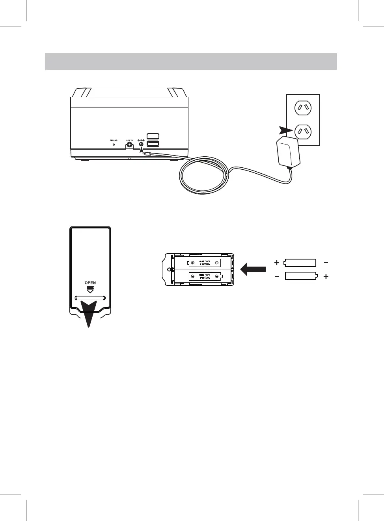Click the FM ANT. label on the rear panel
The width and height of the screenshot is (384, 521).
pyautogui.click(x=114, y=140)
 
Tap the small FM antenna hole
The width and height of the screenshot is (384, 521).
pyautogui.click(x=114, y=145)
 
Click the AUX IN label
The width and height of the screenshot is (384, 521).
pyautogui.click(x=129, y=140)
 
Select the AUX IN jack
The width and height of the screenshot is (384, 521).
pyautogui.click(x=129, y=145)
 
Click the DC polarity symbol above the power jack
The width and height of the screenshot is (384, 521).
pyautogui.click(x=142, y=140)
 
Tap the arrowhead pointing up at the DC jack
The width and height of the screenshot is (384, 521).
pyautogui.click(x=142, y=150)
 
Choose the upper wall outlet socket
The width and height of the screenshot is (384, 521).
pyautogui.click(x=303, y=108)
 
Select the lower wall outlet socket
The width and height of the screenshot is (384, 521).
pyautogui.click(x=303, y=131)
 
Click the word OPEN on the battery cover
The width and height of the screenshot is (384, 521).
pyautogui.click(x=90, y=283)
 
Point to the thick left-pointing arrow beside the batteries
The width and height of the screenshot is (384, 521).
pyautogui.click(x=253, y=269)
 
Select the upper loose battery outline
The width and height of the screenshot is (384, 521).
pyautogui.click(x=300, y=263)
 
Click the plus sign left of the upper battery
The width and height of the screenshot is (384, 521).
pyautogui.click(x=277, y=263)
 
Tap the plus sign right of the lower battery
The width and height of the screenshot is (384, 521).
pyautogui.click(x=326, y=277)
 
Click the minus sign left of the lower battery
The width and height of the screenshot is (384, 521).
pyautogui.click(x=277, y=277)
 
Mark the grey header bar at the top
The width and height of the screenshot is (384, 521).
pyautogui.click(x=191, y=61)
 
